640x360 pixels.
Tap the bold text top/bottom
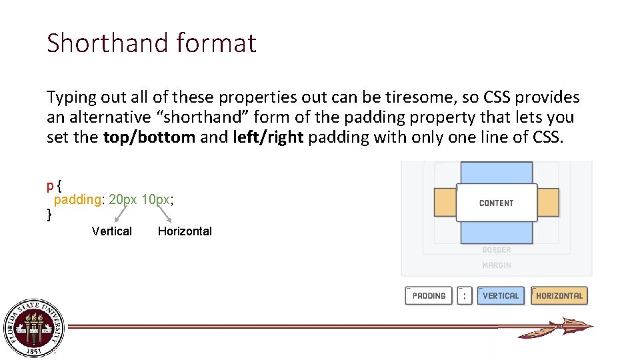pos(149,137)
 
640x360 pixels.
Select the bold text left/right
pos(267,137)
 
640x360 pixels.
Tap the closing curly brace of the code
pos(49,214)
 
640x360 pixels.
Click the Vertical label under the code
pos(112,231)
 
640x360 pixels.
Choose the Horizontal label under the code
pos(185,231)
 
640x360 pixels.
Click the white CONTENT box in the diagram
pos(497,203)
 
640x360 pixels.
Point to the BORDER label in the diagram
pos(497,250)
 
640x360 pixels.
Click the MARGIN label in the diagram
pos(497,265)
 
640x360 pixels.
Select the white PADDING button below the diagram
pos(429,295)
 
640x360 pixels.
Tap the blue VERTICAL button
pos(500,295)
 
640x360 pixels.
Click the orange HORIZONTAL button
pos(559,295)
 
